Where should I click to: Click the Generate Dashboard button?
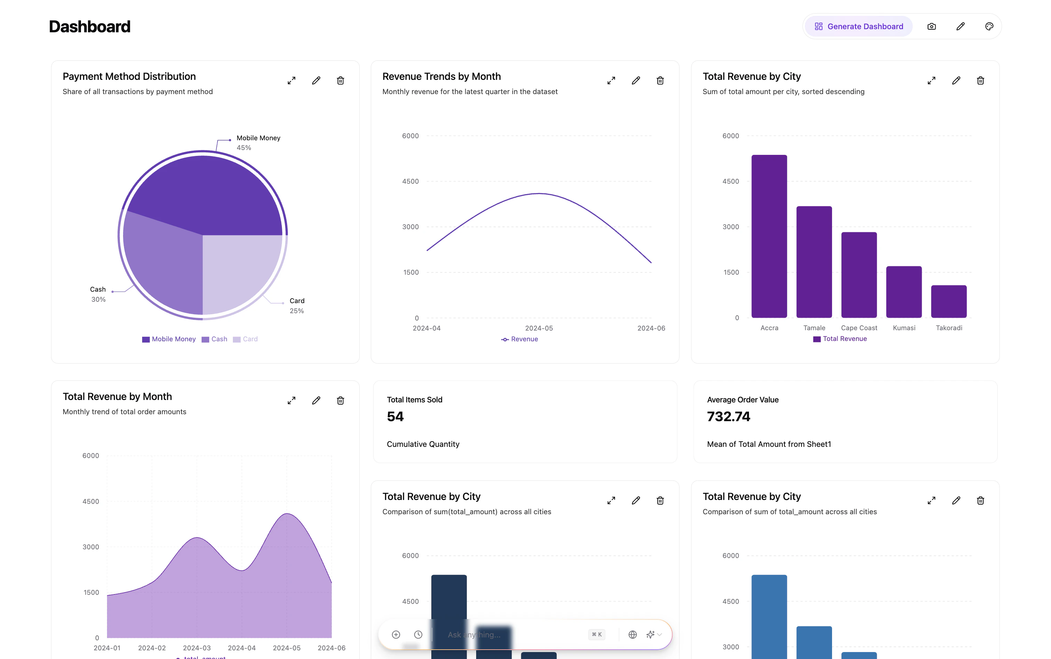tap(858, 27)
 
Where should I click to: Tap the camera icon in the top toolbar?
tap(931, 27)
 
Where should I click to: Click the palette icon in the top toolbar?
tap(988, 27)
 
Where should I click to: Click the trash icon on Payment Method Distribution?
tap(340, 81)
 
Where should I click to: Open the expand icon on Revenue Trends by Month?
tap(611, 81)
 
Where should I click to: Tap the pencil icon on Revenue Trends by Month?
tap(636, 81)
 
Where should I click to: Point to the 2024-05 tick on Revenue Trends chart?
tap(539, 328)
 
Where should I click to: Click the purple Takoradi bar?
tap(948, 302)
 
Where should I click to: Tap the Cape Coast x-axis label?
tap(858, 328)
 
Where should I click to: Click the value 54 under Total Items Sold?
tap(395, 417)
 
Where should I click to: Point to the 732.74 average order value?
tap(728, 417)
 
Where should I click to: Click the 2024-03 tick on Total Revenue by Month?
tap(197, 648)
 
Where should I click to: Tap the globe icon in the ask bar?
tap(632, 635)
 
